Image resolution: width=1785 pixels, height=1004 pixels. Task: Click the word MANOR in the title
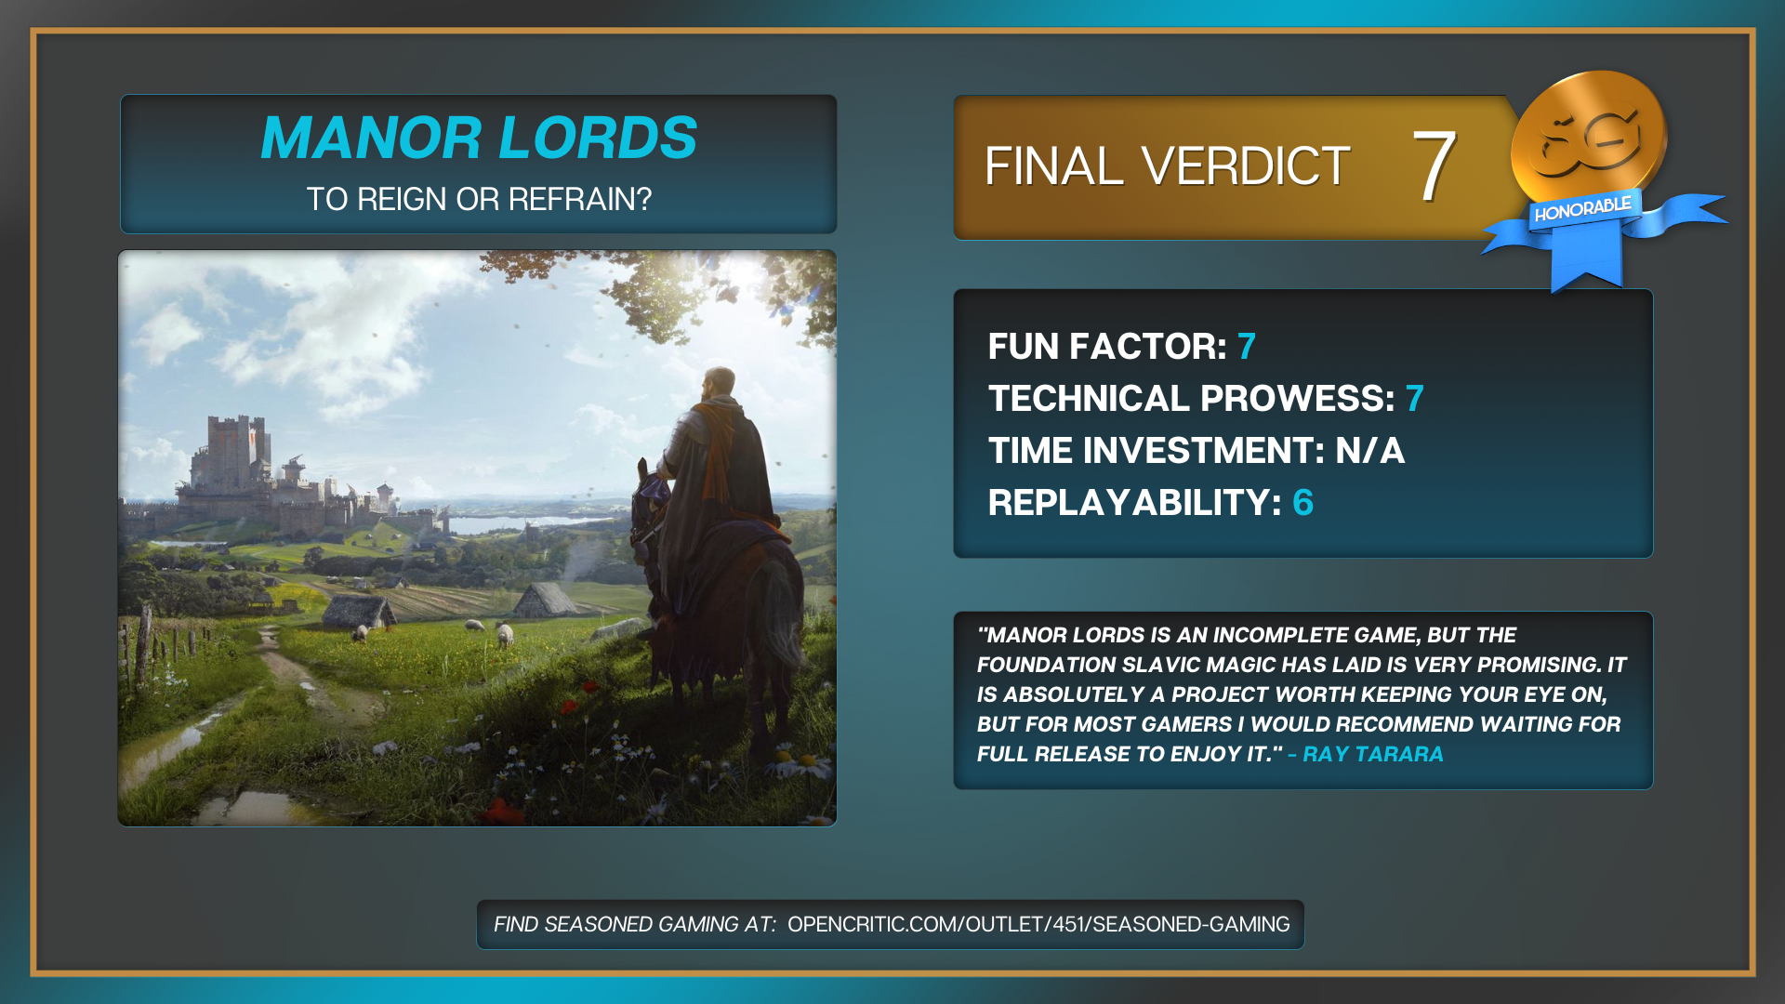tap(371, 138)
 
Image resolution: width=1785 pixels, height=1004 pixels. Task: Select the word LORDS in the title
tap(599, 138)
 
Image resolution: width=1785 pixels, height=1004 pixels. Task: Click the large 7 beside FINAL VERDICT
tap(1434, 165)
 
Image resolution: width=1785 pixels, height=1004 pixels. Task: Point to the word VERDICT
tap(1246, 166)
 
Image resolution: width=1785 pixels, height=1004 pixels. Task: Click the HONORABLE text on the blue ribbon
tap(1582, 209)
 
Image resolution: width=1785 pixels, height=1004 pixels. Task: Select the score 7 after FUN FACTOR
tap(1247, 347)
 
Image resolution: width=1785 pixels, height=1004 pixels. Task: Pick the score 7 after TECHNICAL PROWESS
tap(1415, 399)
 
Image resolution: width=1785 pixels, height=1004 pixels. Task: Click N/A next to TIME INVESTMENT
tap(1370, 451)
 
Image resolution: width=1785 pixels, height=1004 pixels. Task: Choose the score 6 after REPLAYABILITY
tap(1302, 503)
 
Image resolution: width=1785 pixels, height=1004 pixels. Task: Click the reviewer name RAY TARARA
tap(1373, 754)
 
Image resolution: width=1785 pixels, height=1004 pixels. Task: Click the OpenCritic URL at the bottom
tap(1038, 924)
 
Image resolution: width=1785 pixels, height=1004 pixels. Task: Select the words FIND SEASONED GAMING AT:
tap(635, 924)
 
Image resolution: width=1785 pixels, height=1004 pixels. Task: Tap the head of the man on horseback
tap(719, 383)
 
